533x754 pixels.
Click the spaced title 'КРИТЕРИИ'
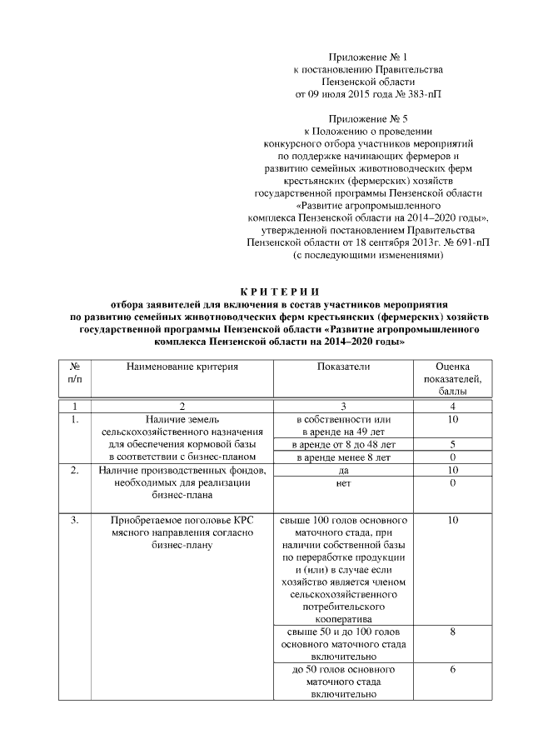pyautogui.click(x=279, y=292)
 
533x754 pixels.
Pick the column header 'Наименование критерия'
pyautogui.click(x=182, y=366)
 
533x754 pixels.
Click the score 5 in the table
pyautogui.click(x=452, y=445)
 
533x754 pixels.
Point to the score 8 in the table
pyautogui.click(x=452, y=632)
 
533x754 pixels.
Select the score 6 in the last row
pyautogui.click(x=452, y=670)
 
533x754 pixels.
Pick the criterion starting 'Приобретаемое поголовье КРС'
pyautogui.click(x=182, y=533)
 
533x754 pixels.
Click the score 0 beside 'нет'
pyautogui.click(x=452, y=483)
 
